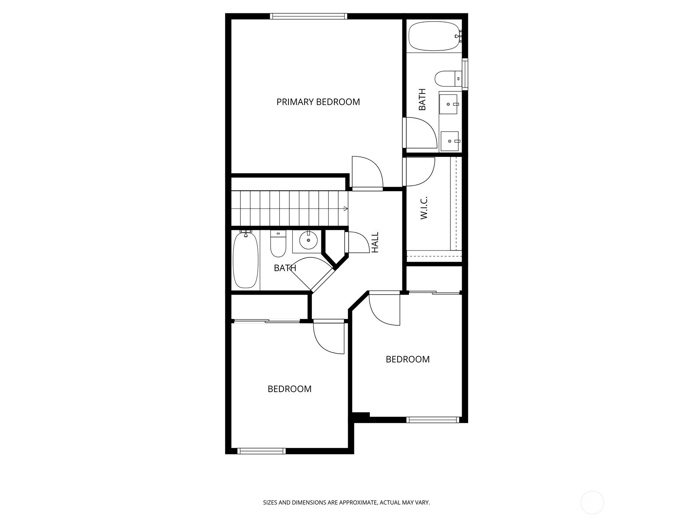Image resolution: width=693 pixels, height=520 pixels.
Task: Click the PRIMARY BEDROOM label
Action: pos(318,102)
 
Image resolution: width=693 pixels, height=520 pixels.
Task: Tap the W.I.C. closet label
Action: pos(424,208)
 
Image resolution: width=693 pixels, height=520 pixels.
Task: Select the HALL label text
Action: pos(375,243)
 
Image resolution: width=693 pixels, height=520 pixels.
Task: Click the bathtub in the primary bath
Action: pos(434,36)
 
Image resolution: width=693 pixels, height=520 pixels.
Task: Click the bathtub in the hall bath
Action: pos(246,260)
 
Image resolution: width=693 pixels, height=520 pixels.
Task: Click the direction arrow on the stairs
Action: pos(345,209)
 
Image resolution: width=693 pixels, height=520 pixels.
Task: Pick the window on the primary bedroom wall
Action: pos(308,16)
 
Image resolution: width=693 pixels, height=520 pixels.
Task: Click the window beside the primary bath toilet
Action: pos(465,74)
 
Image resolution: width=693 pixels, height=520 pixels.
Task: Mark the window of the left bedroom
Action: pos(262,451)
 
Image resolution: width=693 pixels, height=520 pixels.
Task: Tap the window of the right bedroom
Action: pos(433,419)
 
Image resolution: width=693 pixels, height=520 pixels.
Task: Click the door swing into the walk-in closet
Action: pos(419,172)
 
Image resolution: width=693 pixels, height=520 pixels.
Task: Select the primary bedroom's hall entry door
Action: pos(367,173)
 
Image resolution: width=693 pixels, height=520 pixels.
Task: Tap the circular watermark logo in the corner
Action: pos(592,503)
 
